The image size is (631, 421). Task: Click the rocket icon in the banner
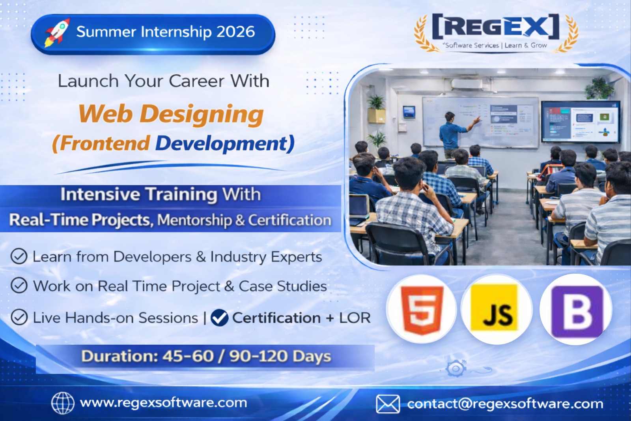coord(57,33)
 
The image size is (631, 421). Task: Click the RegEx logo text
coord(496,26)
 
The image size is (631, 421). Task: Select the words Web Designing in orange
coord(171,114)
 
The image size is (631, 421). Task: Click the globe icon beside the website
coord(63,403)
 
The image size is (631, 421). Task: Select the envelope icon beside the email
coord(388,404)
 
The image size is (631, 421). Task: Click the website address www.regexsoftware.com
coord(163,403)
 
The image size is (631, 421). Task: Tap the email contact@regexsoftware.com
coord(505,404)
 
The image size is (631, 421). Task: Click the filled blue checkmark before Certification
coord(219,318)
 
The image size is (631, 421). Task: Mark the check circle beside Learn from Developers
coord(19,256)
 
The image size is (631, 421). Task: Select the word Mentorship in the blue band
coord(195,220)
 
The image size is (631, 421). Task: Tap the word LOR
coord(355,318)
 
